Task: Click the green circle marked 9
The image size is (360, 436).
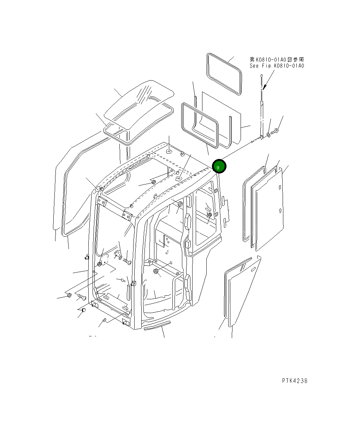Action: [219, 166]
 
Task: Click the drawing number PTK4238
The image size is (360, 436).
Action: [295, 381]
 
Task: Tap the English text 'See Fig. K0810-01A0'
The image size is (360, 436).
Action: [277, 66]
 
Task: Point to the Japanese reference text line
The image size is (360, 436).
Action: [277, 60]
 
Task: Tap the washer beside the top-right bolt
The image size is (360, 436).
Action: [269, 135]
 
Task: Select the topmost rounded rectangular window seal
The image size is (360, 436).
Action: [224, 73]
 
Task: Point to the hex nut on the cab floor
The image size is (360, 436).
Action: [155, 271]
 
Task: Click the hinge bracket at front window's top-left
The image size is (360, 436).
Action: [102, 202]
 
